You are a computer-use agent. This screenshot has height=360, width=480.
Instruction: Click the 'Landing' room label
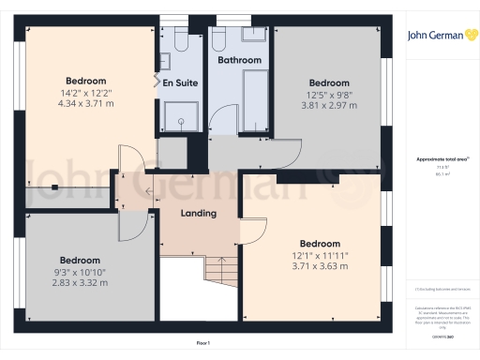[199, 213]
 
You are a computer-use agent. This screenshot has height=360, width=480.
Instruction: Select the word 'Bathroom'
[239, 60]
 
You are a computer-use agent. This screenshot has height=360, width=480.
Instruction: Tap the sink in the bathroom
[253, 35]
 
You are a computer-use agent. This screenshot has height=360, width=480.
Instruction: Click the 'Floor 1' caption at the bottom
[202, 344]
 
